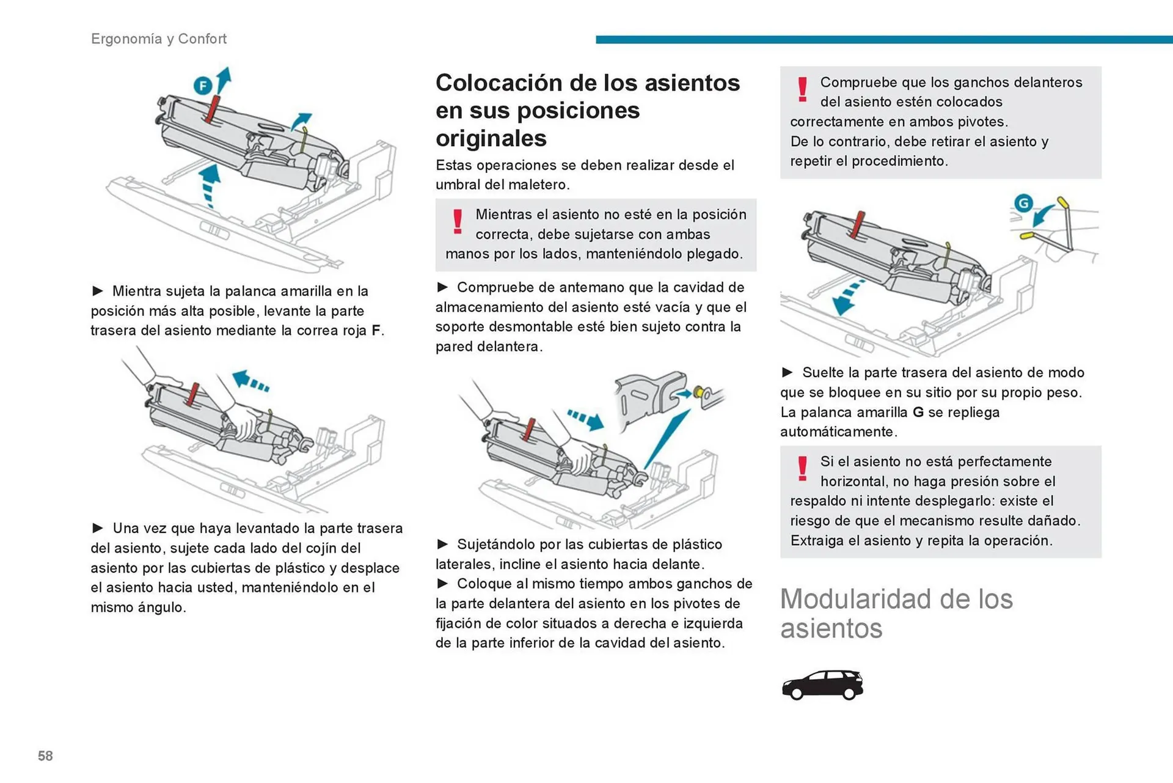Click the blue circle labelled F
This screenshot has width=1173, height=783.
tap(203, 86)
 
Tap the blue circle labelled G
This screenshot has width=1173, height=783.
tap(1023, 202)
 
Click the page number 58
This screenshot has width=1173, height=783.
tap(45, 756)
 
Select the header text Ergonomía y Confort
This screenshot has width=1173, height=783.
tap(159, 39)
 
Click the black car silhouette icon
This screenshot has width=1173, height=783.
tap(822, 685)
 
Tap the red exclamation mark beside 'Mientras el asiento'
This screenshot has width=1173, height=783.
tap(457, 221)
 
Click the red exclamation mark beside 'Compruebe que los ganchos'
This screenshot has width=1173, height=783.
tap(802, 89)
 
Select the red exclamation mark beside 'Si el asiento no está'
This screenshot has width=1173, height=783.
tap(802, 469)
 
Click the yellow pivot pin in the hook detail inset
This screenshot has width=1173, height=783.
tap(698, 392)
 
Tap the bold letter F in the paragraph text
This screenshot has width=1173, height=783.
tap(376, 331)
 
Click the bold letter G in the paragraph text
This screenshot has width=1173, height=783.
tap(918, 413)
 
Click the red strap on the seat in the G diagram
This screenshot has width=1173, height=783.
tap(858, 224)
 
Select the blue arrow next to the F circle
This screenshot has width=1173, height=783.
tap(224, 79)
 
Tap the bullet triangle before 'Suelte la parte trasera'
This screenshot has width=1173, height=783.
tap(787, 372)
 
